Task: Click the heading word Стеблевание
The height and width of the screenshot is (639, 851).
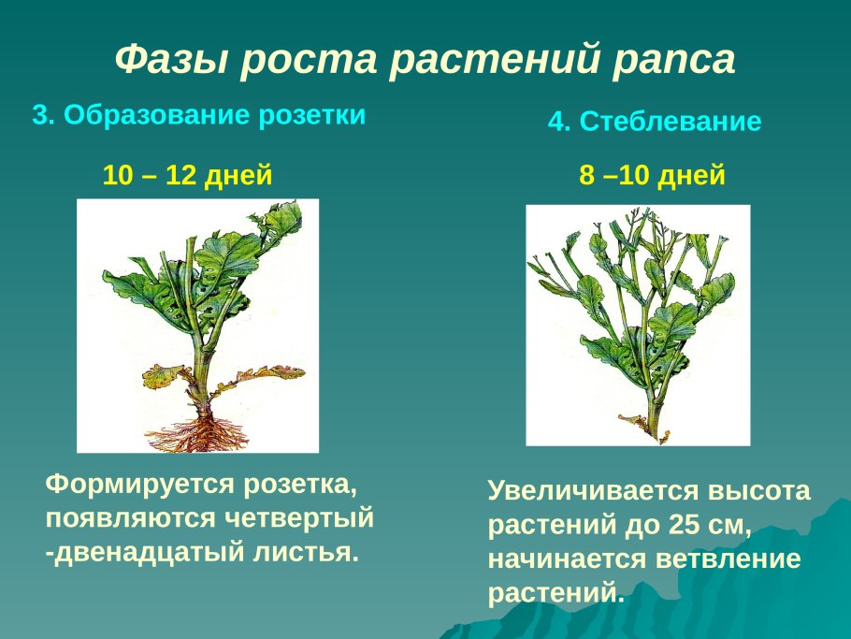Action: tap(670, 123)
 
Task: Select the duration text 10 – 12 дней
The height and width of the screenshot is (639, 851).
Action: tap(187, 175)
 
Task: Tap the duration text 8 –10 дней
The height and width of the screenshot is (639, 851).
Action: tap(652, 175)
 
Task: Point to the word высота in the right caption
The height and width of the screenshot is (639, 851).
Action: tap(757, 492)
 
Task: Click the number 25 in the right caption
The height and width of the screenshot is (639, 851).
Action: tap(684, 526)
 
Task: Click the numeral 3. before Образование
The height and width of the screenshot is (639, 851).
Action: tap(44, 116)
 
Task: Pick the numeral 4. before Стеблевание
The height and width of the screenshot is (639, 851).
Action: tap(558, 123)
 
